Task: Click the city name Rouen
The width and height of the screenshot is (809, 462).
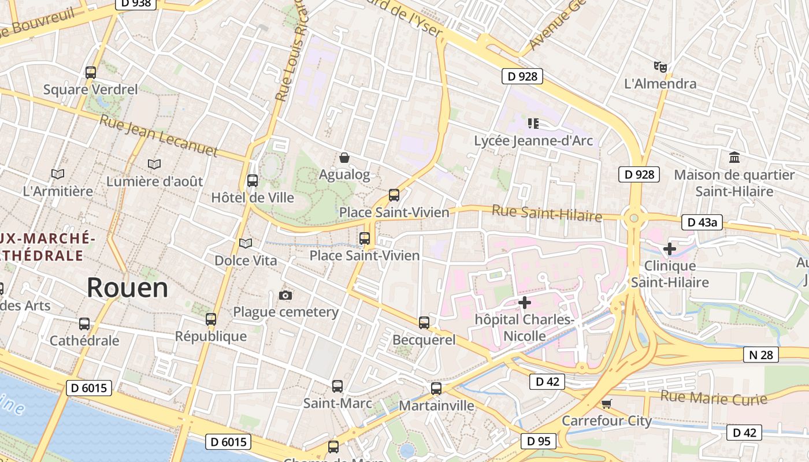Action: click(127, 288)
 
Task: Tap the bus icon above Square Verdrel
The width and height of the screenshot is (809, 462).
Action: click(91, 73)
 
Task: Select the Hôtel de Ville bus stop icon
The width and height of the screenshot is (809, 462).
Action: click(253, 181)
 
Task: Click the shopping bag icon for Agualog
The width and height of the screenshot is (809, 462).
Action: click(344, 158)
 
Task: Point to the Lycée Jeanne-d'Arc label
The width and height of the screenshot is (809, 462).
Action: click(533, 140)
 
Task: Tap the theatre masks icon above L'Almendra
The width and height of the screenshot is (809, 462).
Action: click(660, 67)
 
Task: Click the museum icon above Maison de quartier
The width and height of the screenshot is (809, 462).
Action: click(734, 157)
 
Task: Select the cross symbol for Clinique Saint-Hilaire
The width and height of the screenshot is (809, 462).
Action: click(669, 249)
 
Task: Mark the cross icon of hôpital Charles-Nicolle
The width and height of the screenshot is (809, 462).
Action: click(524, 302)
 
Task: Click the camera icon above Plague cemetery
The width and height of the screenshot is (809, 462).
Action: click(285, 296)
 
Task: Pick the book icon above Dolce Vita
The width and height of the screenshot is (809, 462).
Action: click(246, 244)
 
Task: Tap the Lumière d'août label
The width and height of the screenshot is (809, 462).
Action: click(154, 181)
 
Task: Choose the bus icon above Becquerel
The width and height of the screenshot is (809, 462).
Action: click(424, 323)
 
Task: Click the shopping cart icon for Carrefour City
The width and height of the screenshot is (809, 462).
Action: click(606, 404)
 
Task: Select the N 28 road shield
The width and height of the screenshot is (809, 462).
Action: click(760, 355)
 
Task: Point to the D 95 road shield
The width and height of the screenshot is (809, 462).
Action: click(538, 441)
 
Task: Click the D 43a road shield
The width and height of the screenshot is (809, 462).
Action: click(702, 222)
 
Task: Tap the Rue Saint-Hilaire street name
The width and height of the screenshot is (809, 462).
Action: click(547, 214)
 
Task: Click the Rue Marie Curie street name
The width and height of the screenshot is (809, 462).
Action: click(714, 398)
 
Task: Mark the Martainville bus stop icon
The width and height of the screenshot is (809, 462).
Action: click(436, 389)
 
